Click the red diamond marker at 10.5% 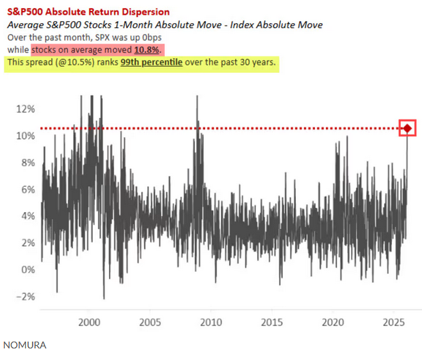point(407,128)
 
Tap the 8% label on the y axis point(27,162)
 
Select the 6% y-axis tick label point(27,189)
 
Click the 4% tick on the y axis point(27,216)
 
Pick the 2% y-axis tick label point(27,243)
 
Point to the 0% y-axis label point(27,269)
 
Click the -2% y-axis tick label point(26,296)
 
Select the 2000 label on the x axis point(89,321)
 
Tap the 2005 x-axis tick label point(150,321)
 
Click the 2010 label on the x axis point(211,321)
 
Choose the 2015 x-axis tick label point(271,321)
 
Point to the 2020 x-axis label point(333,321)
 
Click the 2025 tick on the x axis point(393,321)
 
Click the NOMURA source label point(25,345)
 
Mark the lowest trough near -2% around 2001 point(104,298)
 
